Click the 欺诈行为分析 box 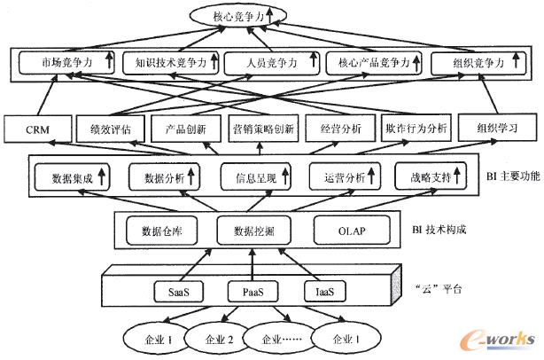pos(416,129)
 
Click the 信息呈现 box pos(257,177)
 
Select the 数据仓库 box pos(161,231)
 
